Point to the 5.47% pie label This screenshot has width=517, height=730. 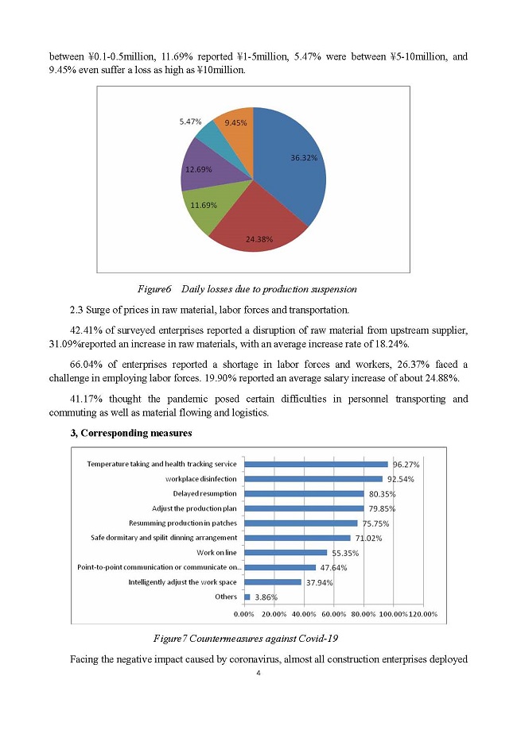pos(190,122)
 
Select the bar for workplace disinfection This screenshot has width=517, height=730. pos(313,479)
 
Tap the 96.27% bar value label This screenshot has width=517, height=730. pos(406,465)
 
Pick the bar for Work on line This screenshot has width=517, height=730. pos(286,552)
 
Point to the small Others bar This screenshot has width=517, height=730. pos(247,597)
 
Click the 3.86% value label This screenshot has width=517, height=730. pos(265,597)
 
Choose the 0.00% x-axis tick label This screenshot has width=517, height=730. pos(244,614)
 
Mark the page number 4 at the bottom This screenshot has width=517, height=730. pos(258,674)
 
